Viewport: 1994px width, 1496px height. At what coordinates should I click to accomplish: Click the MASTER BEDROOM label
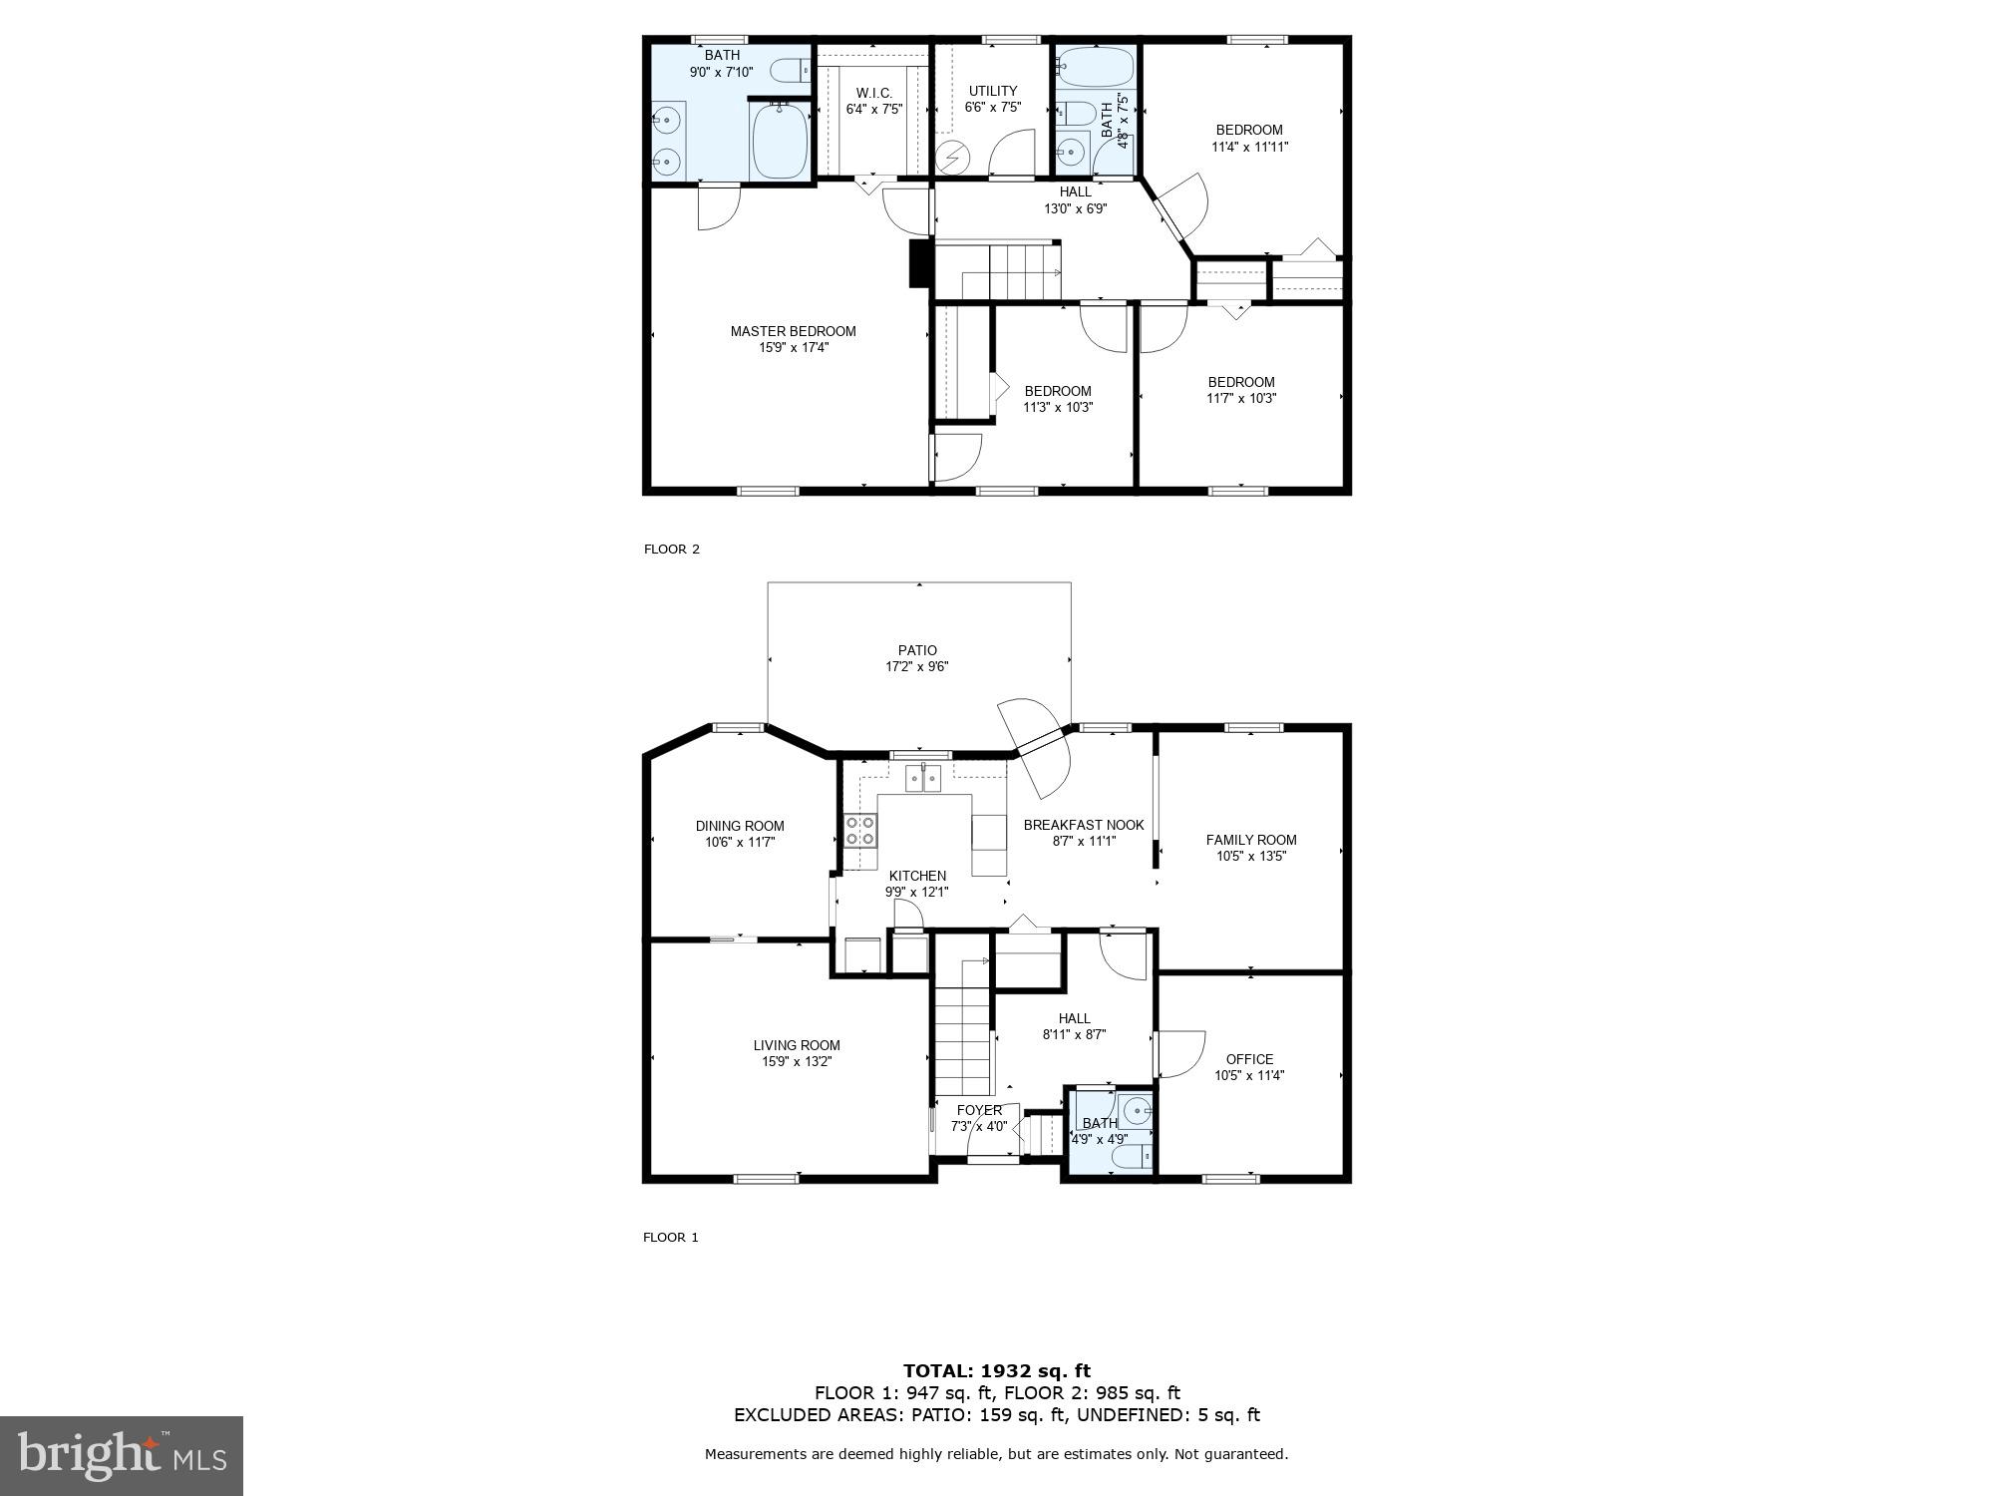pos(793,331)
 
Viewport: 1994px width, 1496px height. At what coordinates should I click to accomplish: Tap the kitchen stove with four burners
pos(860,831)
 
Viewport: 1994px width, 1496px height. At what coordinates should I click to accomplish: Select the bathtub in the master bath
pos(780,142)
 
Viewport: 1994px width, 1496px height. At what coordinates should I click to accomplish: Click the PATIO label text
pos(917,650)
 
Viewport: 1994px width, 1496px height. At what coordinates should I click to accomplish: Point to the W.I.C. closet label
pos(873,93)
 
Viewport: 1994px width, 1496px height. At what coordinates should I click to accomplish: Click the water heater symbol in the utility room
pos(953,158)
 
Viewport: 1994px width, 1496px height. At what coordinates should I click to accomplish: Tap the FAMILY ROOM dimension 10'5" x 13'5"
pos(1251,856)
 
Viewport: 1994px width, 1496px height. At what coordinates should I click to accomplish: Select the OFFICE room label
pos(1249,1059)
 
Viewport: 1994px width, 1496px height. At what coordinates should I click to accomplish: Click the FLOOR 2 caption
pos(672,549)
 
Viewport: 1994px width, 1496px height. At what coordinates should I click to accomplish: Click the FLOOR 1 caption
pos(671,1237)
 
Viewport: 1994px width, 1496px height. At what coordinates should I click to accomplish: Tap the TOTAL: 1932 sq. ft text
pos(997,1371)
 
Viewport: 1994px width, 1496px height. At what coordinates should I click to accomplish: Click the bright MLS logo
pos(122,1456)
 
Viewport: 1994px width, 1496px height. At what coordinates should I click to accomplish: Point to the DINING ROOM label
pos(740,826)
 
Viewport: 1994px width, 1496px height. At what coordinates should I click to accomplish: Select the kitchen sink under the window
pos(923,778)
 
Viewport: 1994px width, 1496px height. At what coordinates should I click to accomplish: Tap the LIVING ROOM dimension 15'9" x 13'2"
pos(797,1061)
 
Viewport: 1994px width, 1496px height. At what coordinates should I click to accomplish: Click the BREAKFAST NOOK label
pos(1084,825)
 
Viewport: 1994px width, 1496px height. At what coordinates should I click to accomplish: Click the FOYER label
pos(979,1110)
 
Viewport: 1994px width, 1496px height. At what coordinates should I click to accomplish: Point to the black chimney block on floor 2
pos(918,263)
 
